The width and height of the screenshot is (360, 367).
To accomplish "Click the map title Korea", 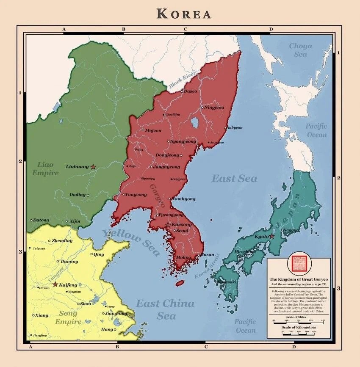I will [x=184, y=14].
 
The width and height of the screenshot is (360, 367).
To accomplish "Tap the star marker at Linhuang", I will [x=93, y=167].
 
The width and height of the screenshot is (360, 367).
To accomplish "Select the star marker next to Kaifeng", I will [x=55, y=284].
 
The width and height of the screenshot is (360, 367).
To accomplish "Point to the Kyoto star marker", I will [x=272, y=236].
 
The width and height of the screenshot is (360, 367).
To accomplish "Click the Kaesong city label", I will [x=182, y=224].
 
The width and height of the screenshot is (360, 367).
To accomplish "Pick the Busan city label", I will [x=207, y=255].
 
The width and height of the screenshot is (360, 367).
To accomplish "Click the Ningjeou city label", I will [x=214, y=108].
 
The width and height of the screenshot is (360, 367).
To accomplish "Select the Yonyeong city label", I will [x=136, y=195].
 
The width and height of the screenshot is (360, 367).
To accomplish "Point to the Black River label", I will [x=182, y=80].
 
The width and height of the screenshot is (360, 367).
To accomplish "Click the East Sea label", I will [x=234, y=179].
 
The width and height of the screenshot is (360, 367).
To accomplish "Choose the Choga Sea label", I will [x=300, y=50].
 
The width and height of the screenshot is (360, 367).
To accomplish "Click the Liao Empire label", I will [x=45, y=168].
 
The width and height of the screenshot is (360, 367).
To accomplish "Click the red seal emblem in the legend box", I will [x=298, y=265].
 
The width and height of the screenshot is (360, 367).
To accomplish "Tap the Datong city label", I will [x=41, y=220].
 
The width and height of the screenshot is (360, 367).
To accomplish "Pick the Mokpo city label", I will [x=183, y=257].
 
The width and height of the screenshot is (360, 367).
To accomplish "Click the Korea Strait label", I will [x=207, y=266].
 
